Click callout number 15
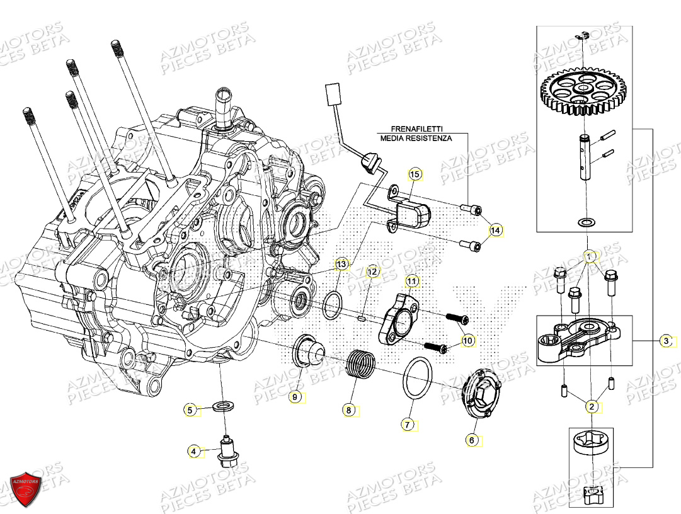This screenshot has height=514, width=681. [x=414, y=173]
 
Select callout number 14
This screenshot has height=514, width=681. [x=496, y=231]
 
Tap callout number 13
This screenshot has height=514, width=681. [x=341, y=264]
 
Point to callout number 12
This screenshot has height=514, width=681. [x=374, y=271]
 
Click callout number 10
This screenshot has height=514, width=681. [x=467, y=341]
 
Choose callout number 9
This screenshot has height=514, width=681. [x=294, y=397]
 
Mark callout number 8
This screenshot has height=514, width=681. [x=348, y=410]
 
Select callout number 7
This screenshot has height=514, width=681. [x=408, y=425]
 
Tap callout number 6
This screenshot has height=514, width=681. [x=472, y=440]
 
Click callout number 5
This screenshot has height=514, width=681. [x=190, y=410]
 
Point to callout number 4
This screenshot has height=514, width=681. [x=195, y=451]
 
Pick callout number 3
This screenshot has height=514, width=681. [x=666, y=341]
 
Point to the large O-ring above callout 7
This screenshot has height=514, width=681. [x=416, y=378]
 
